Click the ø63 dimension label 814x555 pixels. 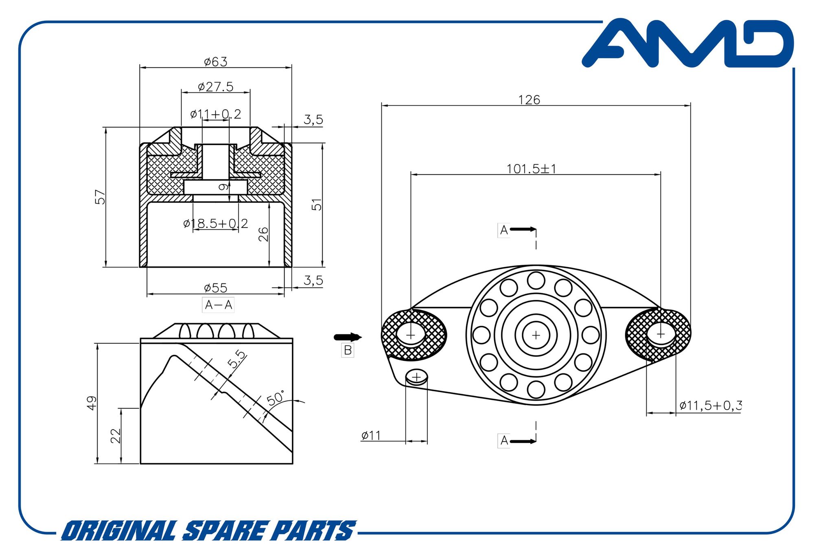coord(215,62)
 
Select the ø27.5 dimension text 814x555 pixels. coord(215,87)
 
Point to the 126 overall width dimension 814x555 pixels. coord(529,100)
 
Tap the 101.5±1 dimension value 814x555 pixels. coord(531,169)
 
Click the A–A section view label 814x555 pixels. coord(218,305)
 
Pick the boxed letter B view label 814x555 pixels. coord(348,350)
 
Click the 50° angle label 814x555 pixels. coord(276,398)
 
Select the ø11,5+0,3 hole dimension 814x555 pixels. coord(710,406)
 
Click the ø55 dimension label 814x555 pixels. coord(215,288)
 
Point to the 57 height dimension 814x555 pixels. coord(100,197)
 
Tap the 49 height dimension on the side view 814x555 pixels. coord(92,403)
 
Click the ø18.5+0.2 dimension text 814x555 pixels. coord(215,224)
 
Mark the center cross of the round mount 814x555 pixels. coord(536,335)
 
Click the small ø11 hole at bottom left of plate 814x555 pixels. coord(416,377)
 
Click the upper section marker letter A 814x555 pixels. coord(504,230)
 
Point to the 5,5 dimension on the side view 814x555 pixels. coord(236,360)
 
